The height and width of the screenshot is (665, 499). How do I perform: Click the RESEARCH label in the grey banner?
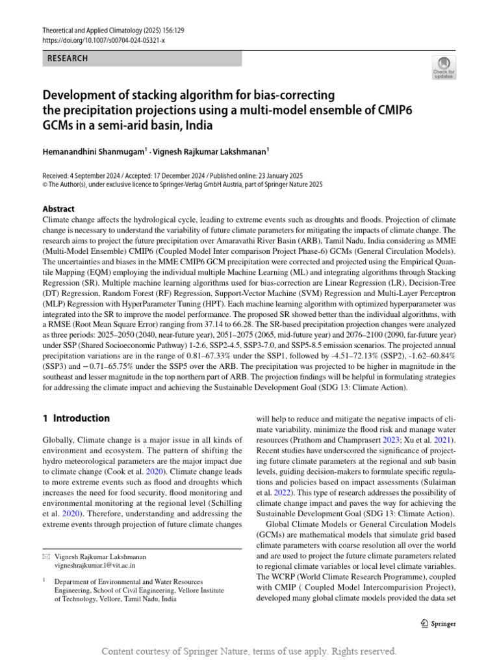tap(68, 58)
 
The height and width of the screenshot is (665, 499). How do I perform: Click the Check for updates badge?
tap(445, 67)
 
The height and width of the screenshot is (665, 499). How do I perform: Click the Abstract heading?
tap(58, 209)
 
